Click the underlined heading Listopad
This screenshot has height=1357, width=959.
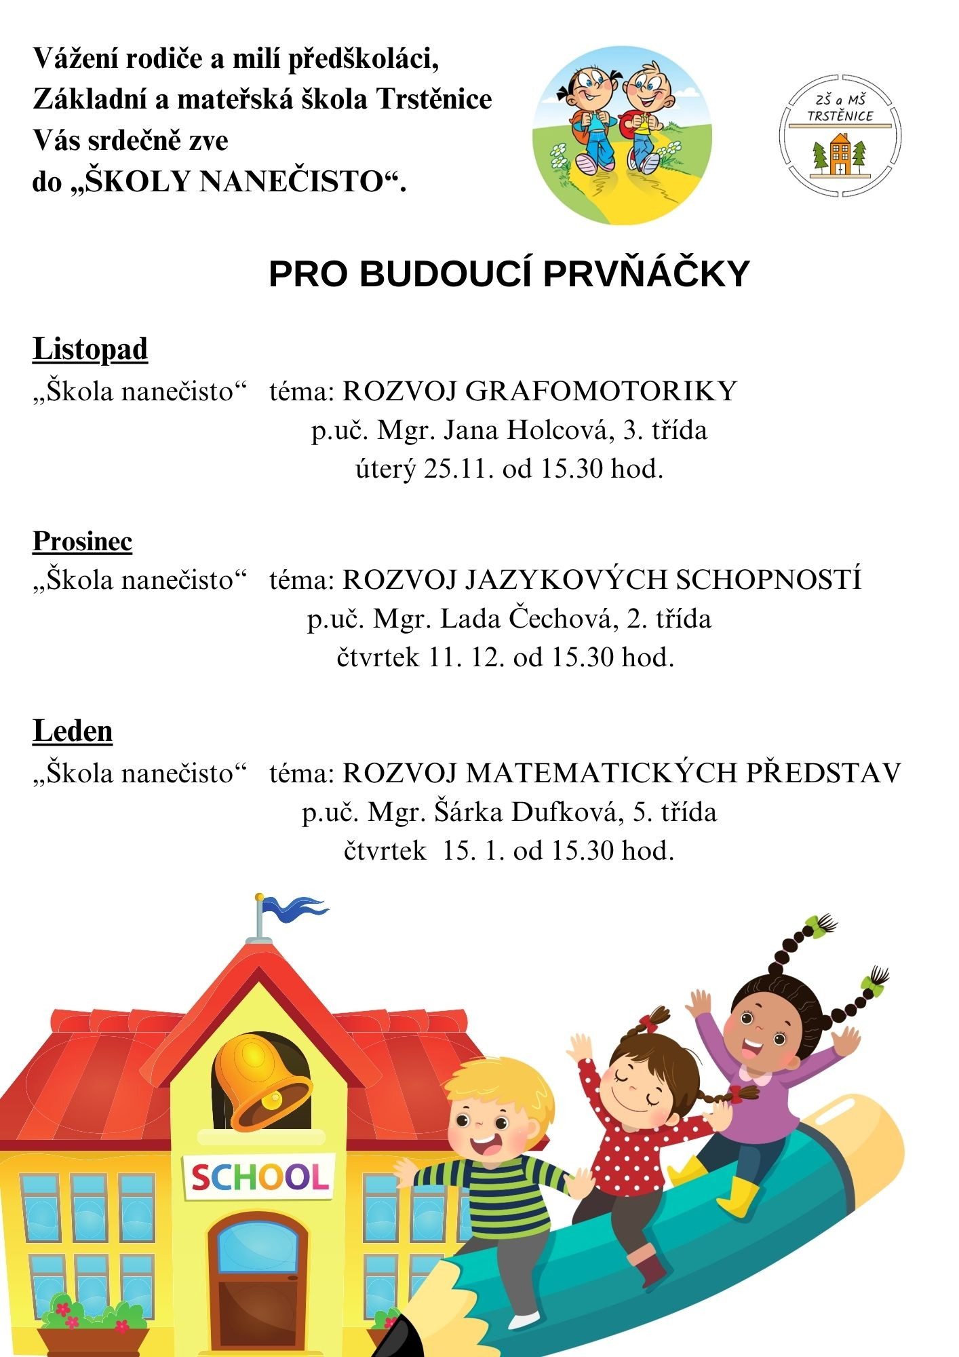tap(90, 349)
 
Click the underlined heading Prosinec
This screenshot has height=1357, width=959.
tap(82, 541)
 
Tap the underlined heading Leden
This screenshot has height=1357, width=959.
tap(73, 731)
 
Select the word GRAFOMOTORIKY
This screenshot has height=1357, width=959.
tap(602, 391)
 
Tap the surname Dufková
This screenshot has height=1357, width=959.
tap(568, 812)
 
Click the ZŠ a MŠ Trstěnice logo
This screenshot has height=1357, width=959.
tap(840, 136)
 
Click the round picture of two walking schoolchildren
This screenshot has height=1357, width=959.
tap(622, 136)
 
